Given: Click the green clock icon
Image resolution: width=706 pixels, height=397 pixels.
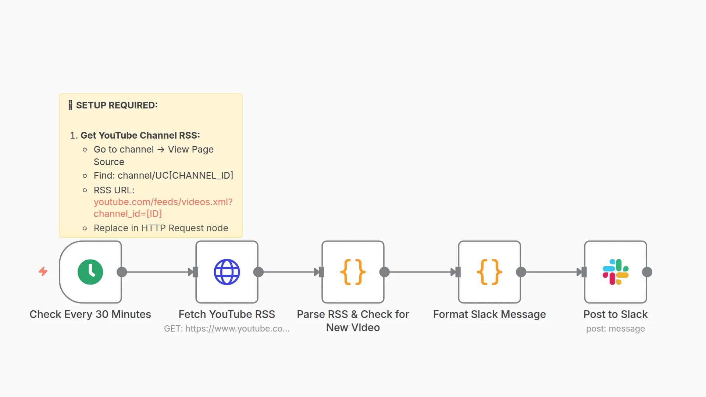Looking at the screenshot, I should pos(90,272).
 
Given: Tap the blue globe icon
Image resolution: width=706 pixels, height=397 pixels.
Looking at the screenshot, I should pos(227,272).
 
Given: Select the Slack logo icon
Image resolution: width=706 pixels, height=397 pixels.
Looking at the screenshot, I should pos(616,272).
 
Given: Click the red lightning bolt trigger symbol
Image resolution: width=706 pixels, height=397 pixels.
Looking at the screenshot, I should pos(43,271).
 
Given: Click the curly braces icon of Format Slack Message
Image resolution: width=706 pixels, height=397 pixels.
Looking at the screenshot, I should pos(489,272).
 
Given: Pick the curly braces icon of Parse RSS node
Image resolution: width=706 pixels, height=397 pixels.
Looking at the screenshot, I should pos(353,272).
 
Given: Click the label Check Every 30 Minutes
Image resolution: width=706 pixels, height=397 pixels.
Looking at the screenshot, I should pos(90,314).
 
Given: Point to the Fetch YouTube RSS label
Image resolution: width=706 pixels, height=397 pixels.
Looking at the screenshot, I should pos(227,314).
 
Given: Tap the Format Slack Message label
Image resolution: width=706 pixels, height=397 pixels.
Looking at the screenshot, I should pos(489,314).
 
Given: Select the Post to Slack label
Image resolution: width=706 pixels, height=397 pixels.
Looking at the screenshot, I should pos(616,314).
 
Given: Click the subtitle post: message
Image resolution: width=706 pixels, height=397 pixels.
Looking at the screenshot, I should pos(616,329).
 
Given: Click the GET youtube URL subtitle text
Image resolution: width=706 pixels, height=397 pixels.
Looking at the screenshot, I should pos(227,329).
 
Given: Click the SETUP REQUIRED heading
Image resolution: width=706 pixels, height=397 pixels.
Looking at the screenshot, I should pos(117,105).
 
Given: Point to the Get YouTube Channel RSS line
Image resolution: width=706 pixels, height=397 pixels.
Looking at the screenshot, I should pos(140,135).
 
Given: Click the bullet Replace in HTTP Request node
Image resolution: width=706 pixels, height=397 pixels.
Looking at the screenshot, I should pos(161,228).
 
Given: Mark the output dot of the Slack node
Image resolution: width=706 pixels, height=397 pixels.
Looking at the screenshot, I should pos(647,272).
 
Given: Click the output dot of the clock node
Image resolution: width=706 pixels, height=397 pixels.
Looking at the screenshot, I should pos(122,272).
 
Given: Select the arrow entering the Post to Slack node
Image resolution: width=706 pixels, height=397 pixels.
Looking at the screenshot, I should pos(581,272).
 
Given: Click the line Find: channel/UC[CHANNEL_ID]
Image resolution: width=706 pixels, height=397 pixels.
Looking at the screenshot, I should pos(163,175).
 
